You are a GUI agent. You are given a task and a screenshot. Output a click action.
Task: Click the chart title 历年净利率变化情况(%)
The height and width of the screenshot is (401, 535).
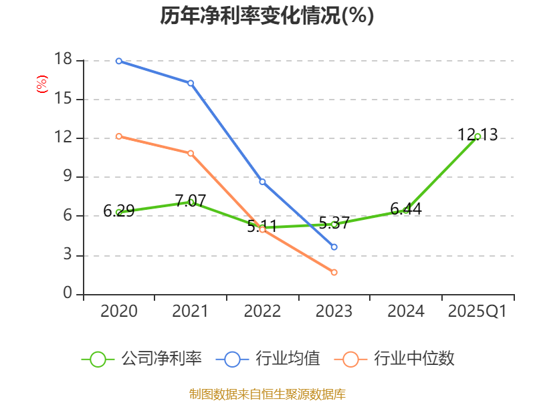[267, 15]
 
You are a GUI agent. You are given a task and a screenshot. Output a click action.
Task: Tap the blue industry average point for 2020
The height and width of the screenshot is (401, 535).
[119, 61]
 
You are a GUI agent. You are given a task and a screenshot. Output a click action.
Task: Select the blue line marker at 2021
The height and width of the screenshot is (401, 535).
[191, 83]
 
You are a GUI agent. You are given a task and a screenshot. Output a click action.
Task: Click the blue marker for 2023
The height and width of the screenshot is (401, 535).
[334, 247]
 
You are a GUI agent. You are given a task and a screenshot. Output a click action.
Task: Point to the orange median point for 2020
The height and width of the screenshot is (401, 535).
[119, 136]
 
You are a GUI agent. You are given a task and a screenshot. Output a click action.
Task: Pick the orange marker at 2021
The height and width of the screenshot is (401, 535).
[191, 153]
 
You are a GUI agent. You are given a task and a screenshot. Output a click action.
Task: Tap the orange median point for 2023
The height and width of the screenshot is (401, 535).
[334, 272]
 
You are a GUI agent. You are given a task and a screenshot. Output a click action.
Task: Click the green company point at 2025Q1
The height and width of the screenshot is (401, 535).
[477, 136]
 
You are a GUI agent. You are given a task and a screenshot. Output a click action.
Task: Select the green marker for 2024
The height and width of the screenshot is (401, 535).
[406, 210]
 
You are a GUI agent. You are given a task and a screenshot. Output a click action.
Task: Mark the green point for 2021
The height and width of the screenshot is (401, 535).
[191, 202]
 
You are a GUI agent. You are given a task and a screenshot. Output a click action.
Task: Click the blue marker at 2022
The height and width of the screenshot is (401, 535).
[262, 182]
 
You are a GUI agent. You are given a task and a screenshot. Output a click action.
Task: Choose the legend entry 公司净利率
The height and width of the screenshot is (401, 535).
[142, 359]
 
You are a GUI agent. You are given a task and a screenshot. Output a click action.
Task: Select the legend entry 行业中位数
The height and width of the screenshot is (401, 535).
[399, 359]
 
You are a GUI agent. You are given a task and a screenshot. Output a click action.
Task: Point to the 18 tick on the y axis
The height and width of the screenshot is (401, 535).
[63, 60]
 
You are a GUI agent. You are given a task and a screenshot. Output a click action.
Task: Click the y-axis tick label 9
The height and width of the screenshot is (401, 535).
[68, 177]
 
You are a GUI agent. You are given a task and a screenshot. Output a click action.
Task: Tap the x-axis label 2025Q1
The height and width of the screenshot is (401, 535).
[477, 311]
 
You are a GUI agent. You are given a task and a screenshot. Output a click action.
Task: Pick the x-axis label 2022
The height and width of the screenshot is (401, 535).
[262, 311]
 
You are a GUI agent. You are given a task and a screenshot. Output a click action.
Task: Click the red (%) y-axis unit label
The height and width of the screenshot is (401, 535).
[41, 85]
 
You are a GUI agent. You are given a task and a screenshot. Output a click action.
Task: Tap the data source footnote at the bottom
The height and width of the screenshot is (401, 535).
[267, 394]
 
